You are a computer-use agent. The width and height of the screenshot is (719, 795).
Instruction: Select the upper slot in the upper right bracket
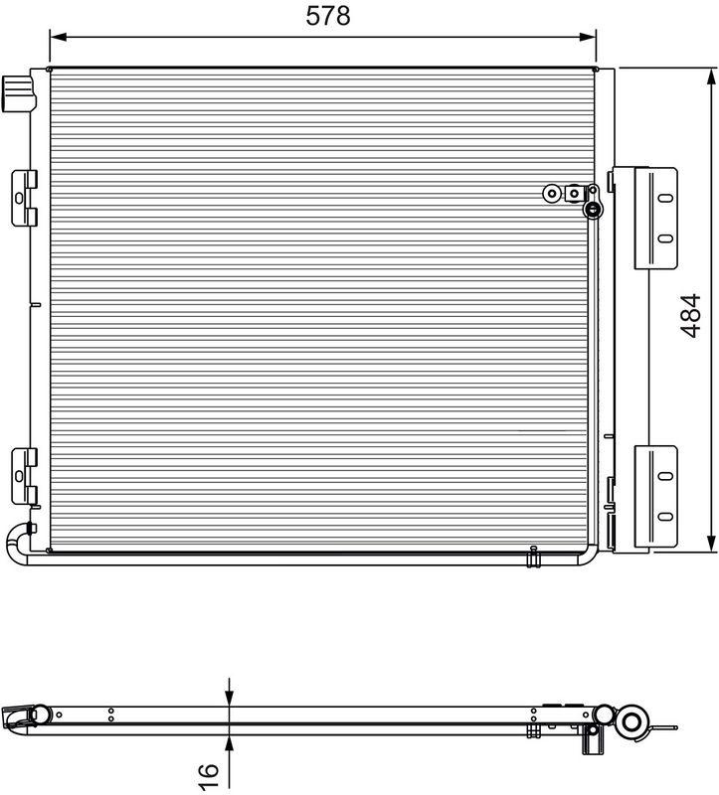pyautogui.click(x=663, y=196)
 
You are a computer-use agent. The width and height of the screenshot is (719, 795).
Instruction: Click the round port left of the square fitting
pyautogui.click(x=551, y=192)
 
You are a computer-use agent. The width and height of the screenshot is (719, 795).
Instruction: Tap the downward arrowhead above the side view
pyautogui.click(x=230, y=697)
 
